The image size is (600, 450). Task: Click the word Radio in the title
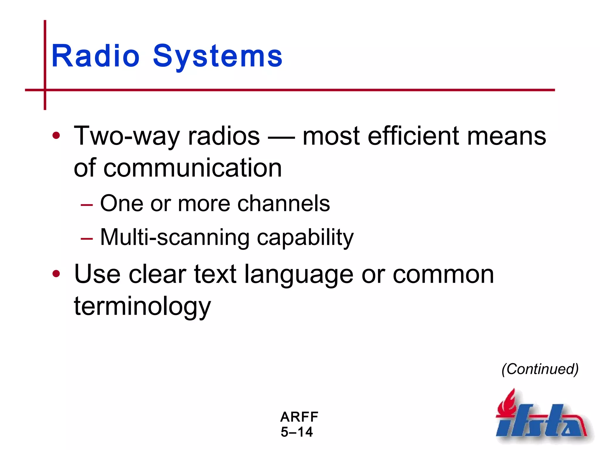(95, 56)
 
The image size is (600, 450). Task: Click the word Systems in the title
(217, 56)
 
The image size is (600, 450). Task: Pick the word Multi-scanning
(175, 238)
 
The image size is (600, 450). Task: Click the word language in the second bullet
(299, 275)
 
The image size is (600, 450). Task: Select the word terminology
(142, 306)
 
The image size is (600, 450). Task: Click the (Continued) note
(540, 369)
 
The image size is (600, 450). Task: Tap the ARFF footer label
(299, 417)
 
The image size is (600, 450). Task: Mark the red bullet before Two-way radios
(56, 136)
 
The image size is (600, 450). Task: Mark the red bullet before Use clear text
(56, 274)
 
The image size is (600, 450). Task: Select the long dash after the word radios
(281, 138)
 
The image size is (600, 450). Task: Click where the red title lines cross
(45, 90)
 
